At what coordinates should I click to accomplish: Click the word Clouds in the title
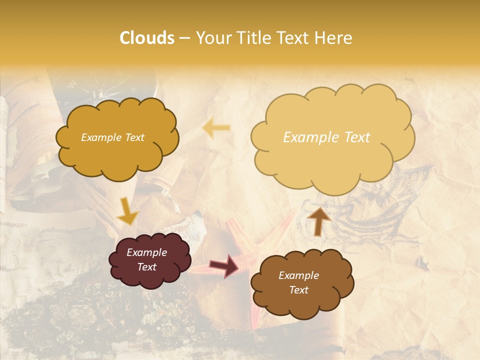[x=147, y=38]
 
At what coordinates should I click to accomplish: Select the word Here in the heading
[x=333, y=38]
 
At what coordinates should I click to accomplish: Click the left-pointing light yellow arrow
[x=216, y=128]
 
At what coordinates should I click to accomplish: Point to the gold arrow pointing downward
[x=127, y=210]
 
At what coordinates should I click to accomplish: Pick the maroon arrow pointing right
[x=224, y=265]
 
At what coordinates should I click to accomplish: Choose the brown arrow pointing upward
[x=319, y=221]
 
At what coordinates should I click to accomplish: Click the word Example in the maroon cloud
[x=146, y=252]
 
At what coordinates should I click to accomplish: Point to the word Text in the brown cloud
[x=298, y=290]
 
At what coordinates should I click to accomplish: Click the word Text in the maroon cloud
[x=147, y=267]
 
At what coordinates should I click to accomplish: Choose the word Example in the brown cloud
[x=298, y=275]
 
